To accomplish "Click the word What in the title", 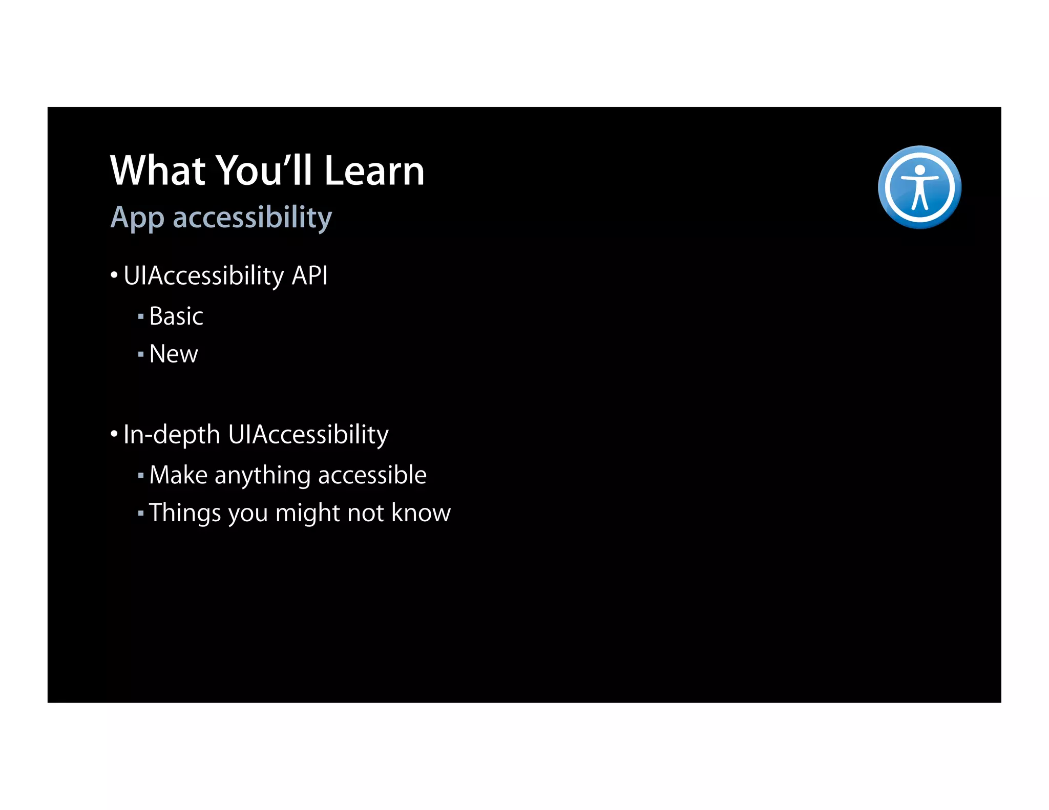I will [158, 171].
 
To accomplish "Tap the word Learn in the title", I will [374, 171].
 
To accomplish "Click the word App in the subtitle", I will [137, 218].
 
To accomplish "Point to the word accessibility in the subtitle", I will [253, 217].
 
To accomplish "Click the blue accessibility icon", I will [919, 187].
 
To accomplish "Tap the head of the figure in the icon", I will [920, 170].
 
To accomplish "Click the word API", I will [309, 276].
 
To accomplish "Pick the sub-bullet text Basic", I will [176, 316].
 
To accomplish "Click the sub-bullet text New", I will [174, 354].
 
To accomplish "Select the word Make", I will [178, 475].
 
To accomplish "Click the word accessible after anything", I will [372, 475].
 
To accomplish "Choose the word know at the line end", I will [421, 513].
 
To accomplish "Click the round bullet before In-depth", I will [114, 435].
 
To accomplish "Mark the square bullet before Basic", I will [141, 317].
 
